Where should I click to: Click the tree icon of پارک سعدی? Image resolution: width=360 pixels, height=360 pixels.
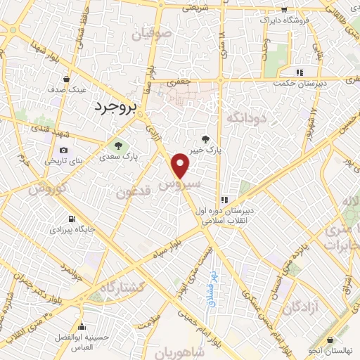[117, 146]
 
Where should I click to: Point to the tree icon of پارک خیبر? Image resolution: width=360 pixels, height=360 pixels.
[205, 139]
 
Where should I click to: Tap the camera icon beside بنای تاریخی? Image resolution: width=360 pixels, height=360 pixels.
[64, 150]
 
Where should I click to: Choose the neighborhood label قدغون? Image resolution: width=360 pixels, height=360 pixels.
[132, 192]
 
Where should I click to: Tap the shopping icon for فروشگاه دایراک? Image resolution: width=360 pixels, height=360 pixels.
[283, 10]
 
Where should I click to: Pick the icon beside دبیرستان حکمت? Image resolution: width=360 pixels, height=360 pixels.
[300, 72]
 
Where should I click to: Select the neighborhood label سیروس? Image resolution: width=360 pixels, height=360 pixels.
[180, 184]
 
